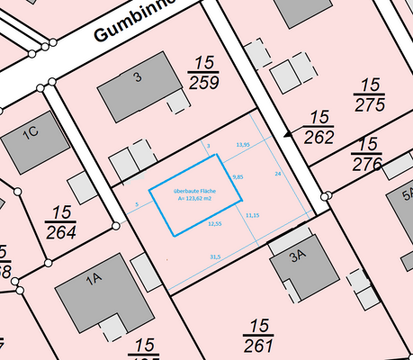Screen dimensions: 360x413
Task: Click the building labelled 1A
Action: coord(99,296)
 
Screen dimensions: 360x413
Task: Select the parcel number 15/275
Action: coord(368,94)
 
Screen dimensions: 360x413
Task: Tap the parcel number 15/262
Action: coord(320,127)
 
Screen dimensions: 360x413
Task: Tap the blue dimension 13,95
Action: coord(242,144)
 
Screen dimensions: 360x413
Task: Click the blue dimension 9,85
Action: coord(238,176)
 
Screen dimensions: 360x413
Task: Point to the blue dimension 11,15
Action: coord(252,215)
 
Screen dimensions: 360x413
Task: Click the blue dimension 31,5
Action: coord(215,257)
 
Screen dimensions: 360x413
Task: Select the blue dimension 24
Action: coord(278,172)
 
